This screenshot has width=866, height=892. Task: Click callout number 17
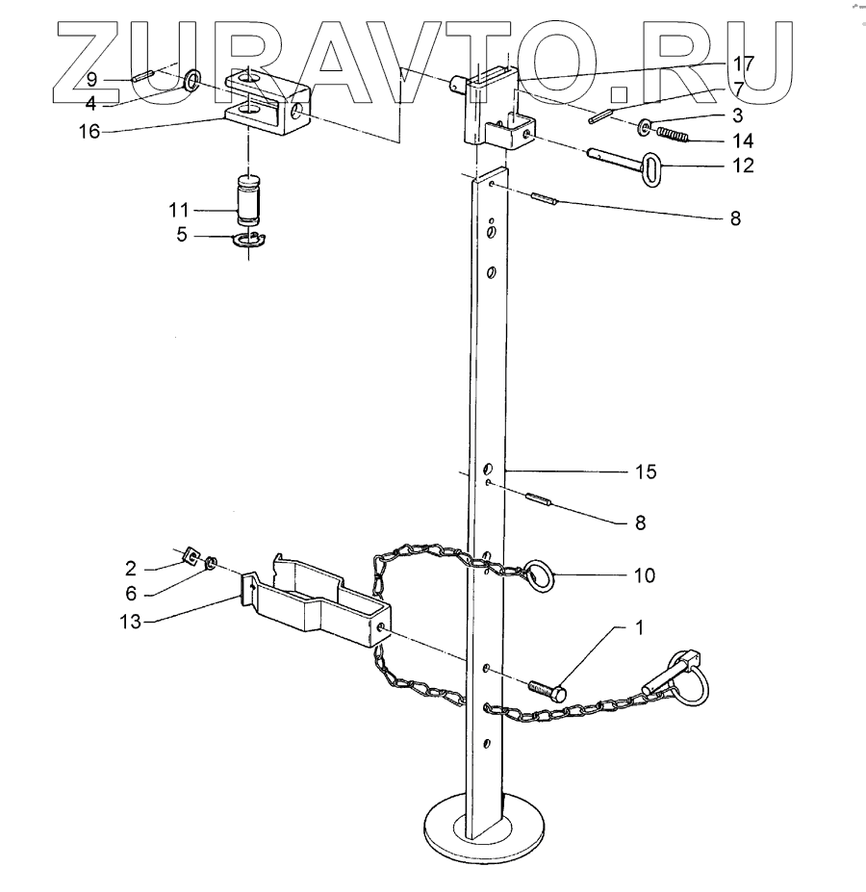[742, 64]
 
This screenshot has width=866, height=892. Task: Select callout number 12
[742, 165]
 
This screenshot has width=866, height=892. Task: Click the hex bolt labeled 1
[547, 688]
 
